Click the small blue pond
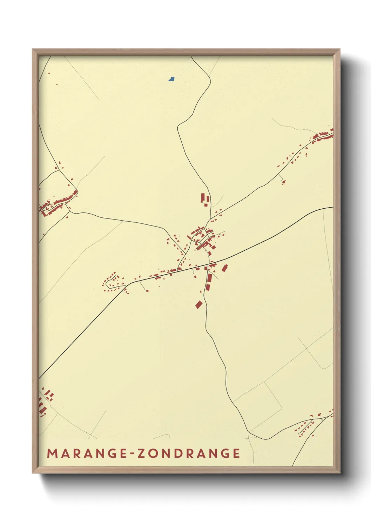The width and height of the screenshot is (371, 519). click(x=171, y=79)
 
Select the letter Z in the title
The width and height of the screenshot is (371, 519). click(x=141, y=453)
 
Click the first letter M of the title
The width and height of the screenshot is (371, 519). click(x=52, y=453)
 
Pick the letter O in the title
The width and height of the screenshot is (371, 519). click(x=153, y=453)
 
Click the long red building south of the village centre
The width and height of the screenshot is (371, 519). click(x=209, y=283)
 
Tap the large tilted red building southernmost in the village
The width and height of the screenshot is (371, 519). click(x=199, y=304)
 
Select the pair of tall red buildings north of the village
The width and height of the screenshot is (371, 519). click(x=204, y=199)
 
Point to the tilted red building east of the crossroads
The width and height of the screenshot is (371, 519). click(x=224, y=268)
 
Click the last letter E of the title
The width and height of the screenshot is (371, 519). click(x=236, y=453)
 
